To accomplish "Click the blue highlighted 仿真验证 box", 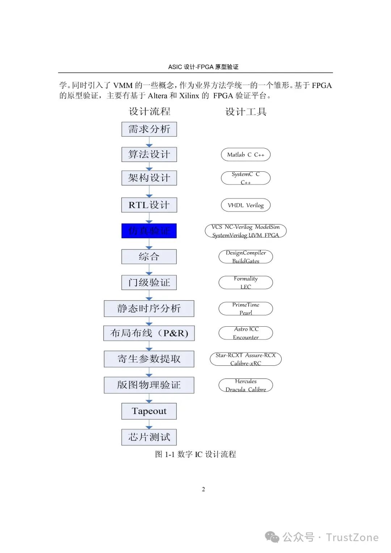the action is (x=149, y=231).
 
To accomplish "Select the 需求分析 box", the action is (x=149, y=129).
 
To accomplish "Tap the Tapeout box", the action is (x=149, y=411).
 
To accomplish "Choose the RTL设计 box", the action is (x=149, y=205).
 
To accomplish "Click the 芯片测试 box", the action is (x=149, y=437).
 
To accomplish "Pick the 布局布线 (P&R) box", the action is (x=149, y=333).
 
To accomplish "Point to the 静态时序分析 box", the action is (x=149, y=309).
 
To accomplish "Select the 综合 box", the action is (x=149, y=257).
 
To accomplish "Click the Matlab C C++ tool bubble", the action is (x=245, y=155).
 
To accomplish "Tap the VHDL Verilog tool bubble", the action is (x=245, y=205).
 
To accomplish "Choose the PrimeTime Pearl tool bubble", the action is (x=245, y=309).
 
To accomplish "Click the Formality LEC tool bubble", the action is (x=245, y=282).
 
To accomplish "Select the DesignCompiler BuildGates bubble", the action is (x=245, y=257).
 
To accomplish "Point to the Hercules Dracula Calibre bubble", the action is (x=245, y=385).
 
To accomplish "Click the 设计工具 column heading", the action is (x=246, y=112).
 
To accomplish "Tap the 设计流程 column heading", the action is (x=150, y=112).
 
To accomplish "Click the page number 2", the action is (x=203, y=489).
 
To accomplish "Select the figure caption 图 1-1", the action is (x=195, y=454).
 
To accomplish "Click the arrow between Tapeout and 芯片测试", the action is (x=149, y=425).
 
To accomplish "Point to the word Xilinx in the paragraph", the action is (x=189, y=96).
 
